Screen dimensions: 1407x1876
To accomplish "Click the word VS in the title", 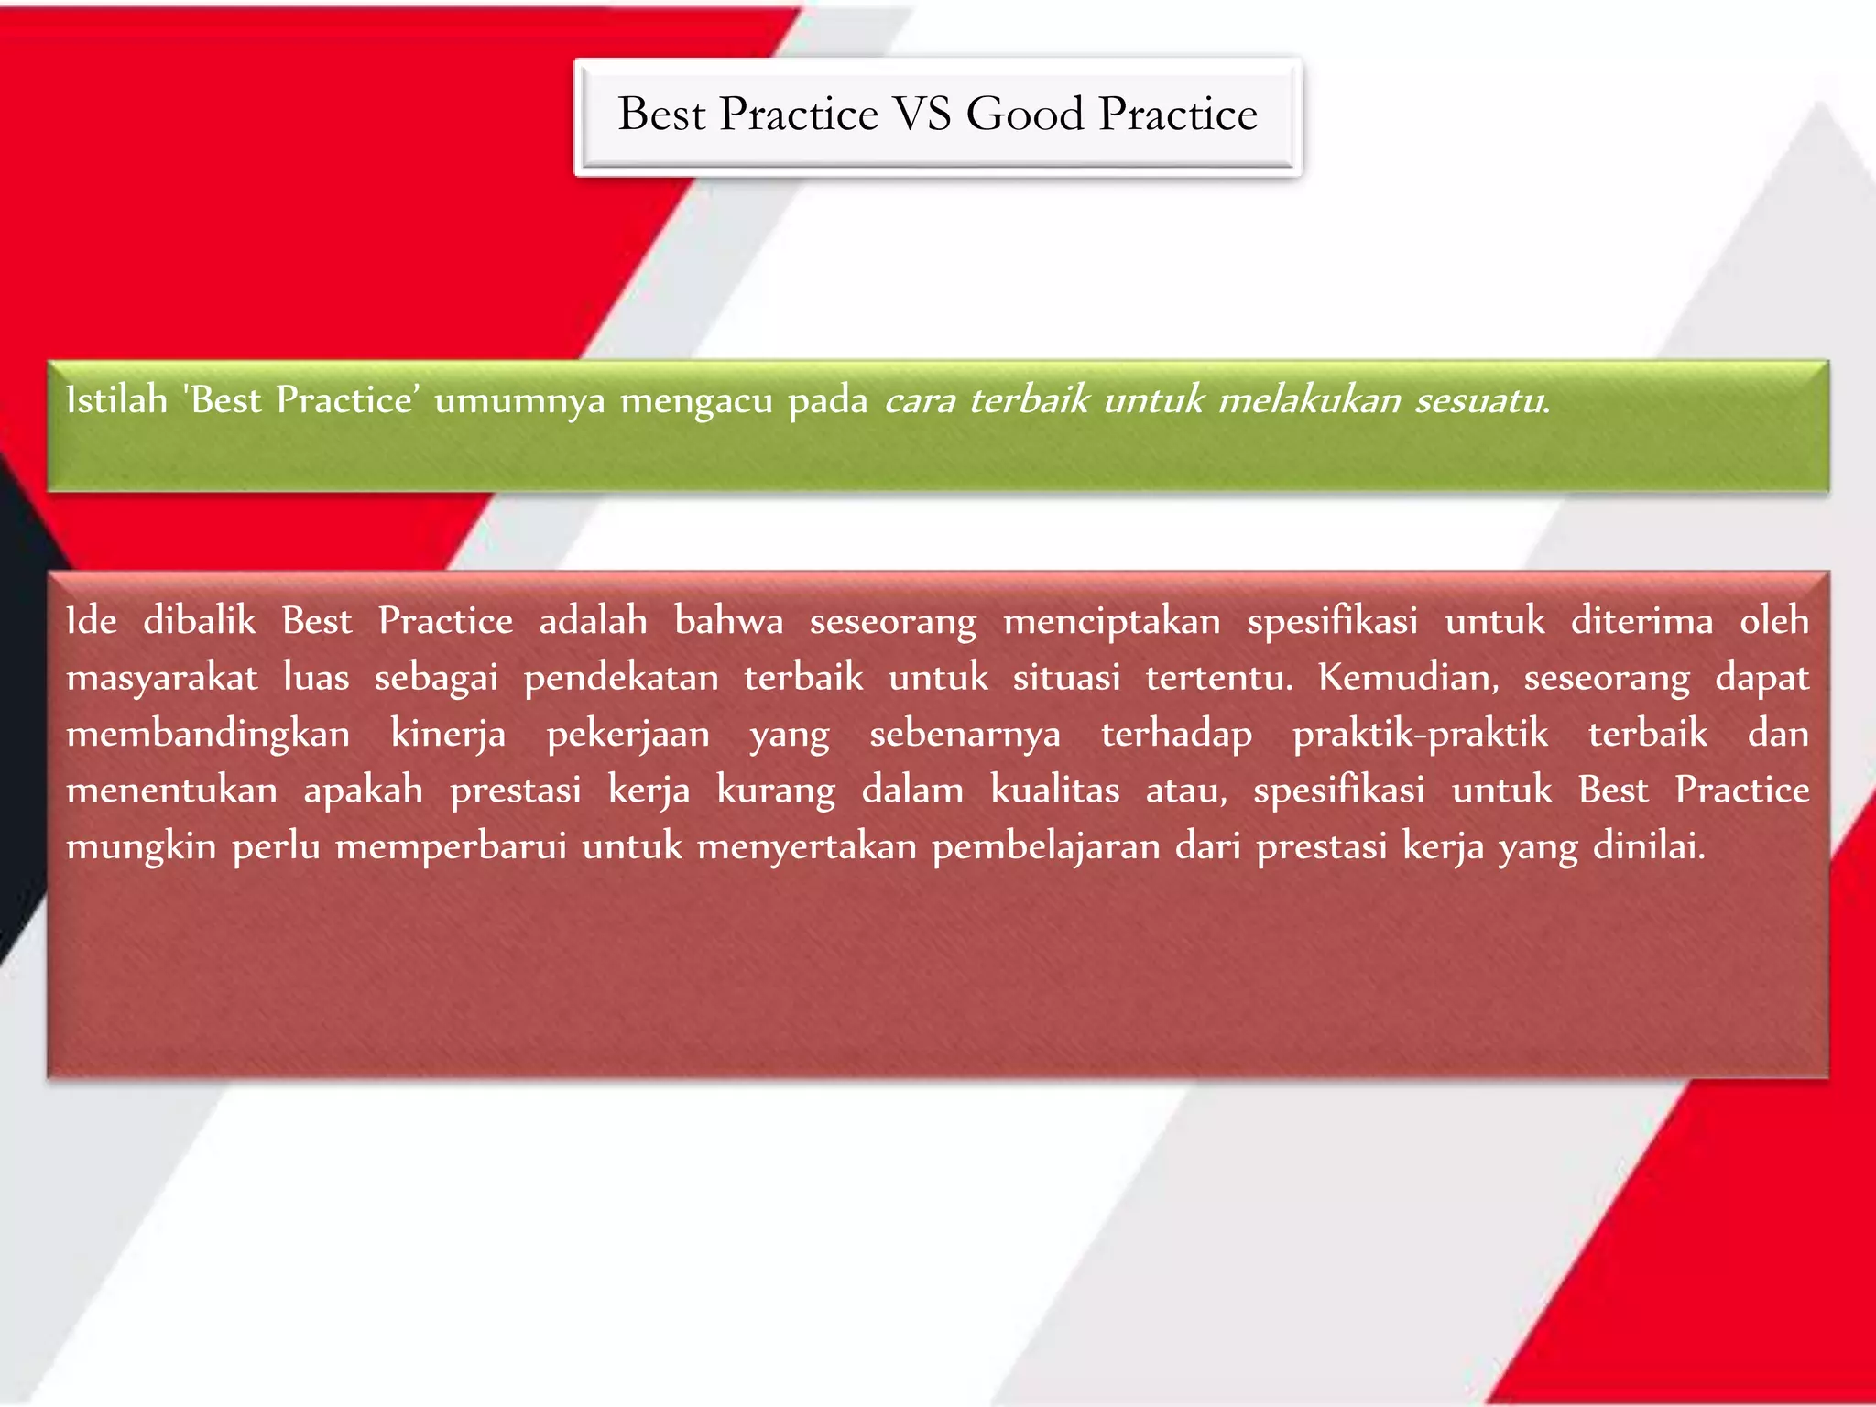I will pos(922,115).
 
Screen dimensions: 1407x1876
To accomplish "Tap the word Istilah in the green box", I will pos(117,400).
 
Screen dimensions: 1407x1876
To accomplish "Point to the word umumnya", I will pos(519,401).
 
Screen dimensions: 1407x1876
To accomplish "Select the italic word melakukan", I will pos(1310,400).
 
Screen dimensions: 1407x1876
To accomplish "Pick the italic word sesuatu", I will pos(1482,401).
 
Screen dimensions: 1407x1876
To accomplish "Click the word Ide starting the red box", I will pos(92,621).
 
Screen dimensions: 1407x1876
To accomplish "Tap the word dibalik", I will pos(200,621).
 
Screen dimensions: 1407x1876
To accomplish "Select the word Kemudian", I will pos(1408,678).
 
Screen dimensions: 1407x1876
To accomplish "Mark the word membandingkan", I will pos(208,735).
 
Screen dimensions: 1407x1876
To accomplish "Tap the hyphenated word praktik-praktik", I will pos(1420,735).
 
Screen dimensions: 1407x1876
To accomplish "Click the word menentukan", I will pos(171,791).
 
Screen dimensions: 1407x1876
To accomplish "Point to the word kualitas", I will pos(1054,791).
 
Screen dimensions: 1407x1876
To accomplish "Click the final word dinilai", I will pos(1649,846).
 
